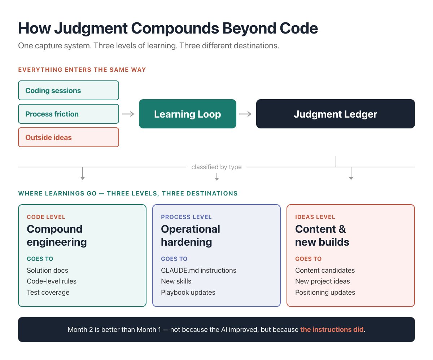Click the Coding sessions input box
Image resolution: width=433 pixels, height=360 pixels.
click(68, 91)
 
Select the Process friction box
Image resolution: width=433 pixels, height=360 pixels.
click(68, 114)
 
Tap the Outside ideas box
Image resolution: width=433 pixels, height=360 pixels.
click(68, 137)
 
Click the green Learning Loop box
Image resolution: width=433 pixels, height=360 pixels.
click(187, 114)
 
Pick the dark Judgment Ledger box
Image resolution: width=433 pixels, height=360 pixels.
click(335, 114)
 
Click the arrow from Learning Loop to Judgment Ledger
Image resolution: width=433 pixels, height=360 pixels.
click(245, 114)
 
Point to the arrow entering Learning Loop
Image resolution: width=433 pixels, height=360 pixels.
click(128, 114)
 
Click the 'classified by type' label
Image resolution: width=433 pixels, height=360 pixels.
click(216, 167)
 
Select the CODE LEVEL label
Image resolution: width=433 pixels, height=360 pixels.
click(46, 217)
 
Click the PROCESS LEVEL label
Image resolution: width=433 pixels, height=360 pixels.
click(186, 217)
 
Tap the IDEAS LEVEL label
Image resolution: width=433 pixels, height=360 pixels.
click(315, 217)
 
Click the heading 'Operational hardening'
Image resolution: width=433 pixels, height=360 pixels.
click(190, 235)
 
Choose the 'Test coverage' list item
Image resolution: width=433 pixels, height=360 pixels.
click(48, 293)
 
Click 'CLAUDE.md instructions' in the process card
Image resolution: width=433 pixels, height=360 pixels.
click(198, 271)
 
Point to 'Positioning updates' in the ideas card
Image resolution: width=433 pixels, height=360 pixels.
click(325, 293)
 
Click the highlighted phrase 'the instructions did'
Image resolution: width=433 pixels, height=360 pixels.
click(332, 330)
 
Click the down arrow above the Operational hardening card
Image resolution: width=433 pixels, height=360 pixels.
click(216, 177)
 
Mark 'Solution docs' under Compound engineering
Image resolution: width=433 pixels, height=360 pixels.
click(47, 271)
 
